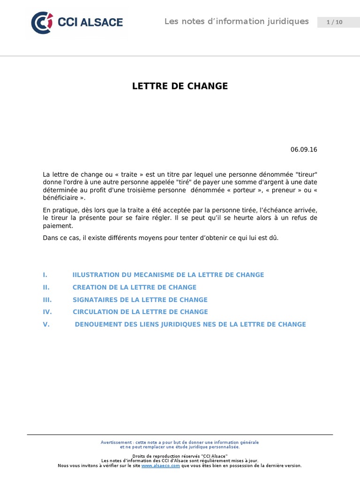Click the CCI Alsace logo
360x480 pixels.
77,22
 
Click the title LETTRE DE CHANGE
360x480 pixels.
180,86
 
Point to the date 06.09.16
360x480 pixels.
304,150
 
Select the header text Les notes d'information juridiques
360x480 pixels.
236,22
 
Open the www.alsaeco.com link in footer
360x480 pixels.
161,465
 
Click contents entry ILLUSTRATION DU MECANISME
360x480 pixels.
168,275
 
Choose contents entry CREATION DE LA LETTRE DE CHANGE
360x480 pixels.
135,287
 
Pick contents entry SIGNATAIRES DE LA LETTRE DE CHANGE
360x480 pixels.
140,300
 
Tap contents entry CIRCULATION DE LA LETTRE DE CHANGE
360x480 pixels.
140,312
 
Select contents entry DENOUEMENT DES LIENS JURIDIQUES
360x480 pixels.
190,324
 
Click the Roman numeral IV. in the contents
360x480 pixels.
47,312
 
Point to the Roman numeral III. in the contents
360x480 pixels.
47,300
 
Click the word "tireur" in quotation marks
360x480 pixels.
307,175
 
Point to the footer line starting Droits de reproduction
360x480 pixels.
180,456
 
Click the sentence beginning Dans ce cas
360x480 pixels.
160,238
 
